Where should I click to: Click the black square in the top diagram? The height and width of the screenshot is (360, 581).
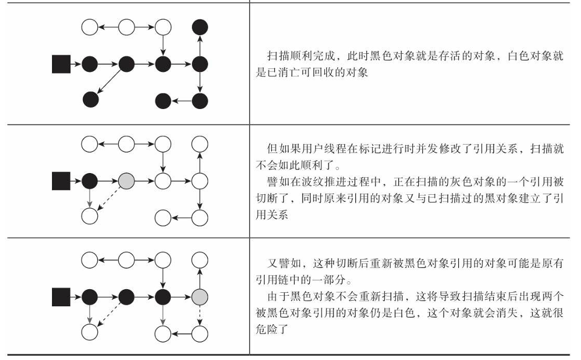coord(61,64)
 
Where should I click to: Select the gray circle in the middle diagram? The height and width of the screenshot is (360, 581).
coord(126,180)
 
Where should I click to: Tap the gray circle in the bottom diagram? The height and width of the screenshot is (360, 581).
coord(200,297)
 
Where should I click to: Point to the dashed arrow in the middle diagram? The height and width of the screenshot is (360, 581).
coord(108,198)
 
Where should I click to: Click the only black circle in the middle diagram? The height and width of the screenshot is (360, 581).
coord(90,180)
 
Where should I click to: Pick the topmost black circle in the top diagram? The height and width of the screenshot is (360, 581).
coord(200,27)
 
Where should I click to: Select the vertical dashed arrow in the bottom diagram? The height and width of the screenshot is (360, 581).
coord(200,315)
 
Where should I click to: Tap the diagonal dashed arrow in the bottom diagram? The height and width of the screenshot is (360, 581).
coord(108,315)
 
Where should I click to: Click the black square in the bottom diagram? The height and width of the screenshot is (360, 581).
coord(61,297)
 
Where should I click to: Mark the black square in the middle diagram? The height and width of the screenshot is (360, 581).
coord(61,180)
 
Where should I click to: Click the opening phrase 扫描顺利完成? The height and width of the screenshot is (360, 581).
coord(299,56)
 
